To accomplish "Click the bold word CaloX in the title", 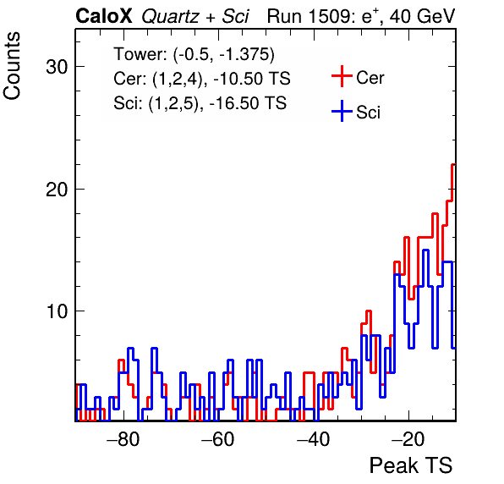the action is click(x=104, y=16).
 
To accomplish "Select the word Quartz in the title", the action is click(x=170, y=17).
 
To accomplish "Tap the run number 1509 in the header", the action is click(x=331, y=16).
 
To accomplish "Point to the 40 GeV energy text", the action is click(x=422, y=16).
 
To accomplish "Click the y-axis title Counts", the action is click(x=12, y=66).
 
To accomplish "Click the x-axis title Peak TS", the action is click(x=411, y=465).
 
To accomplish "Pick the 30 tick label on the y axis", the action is click(x=57, y=67).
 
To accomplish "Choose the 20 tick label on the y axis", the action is click(x=57, y=190).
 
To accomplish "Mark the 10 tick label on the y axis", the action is click(x=57, y=311).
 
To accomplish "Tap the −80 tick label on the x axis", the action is click(x=123, y=439).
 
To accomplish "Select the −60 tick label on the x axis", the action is click(x=218, y=439).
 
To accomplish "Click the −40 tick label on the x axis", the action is click(x=313, y=439).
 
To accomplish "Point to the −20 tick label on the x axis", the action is click(x=408, y=439).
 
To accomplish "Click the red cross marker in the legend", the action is click(x=342, y=76).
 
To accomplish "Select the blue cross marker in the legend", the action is click(x=342, y=112).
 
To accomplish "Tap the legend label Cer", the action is click(x=370, y=78).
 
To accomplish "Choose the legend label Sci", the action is click(x=368, y=113).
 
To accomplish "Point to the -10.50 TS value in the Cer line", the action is click(x=252, y=79).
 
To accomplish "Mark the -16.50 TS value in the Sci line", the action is click(x=248, y=103).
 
